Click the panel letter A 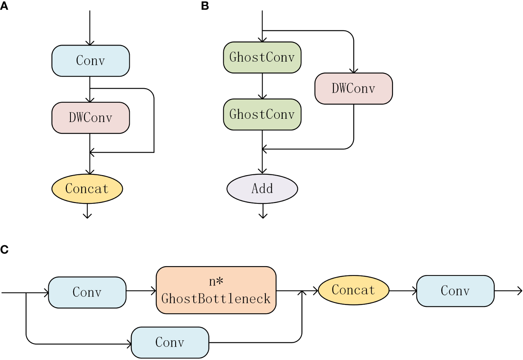(x=4, y=7)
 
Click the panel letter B (x=205, y=7)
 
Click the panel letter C (x=4, y=249)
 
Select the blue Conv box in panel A (x=91, y=61)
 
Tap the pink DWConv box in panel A (x=91, y=118)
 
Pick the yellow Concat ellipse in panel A (x=87, y=188)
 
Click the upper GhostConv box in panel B (x=262, y=57)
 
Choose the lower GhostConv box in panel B (x=262, y=114)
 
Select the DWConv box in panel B (x=353, y=89)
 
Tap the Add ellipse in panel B (x=262, y=188)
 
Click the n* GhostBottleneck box (x=216, y=290)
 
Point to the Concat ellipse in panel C (x=353, y=290)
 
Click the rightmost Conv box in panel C (x=455, y=291)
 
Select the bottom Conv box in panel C (x=170, y=342)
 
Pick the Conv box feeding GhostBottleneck (x=87, y=292)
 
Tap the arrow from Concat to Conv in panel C (x=403, y=290)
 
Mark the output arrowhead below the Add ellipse (x=263, y=215)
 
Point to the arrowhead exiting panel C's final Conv (x=519, y=290)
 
